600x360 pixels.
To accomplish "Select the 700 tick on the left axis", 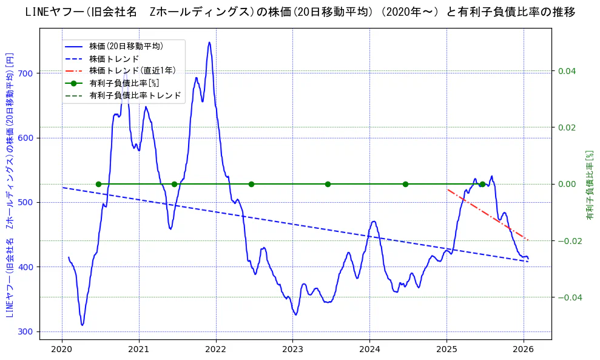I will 27,73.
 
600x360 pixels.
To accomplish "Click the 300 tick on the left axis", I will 27,331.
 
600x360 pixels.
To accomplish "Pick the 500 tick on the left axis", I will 27,202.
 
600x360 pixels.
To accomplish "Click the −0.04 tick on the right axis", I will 568,297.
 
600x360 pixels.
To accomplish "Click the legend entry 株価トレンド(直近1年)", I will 132,70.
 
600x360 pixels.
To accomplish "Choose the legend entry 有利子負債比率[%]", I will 124,83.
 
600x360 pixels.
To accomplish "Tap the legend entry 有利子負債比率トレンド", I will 135,95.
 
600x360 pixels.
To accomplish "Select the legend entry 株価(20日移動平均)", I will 126,46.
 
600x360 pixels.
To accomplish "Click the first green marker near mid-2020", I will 98,184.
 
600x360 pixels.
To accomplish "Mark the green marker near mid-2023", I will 328,184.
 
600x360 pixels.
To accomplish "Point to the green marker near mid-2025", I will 482,184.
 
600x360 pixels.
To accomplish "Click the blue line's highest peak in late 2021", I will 209,42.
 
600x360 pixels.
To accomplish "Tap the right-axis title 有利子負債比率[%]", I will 589,185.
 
